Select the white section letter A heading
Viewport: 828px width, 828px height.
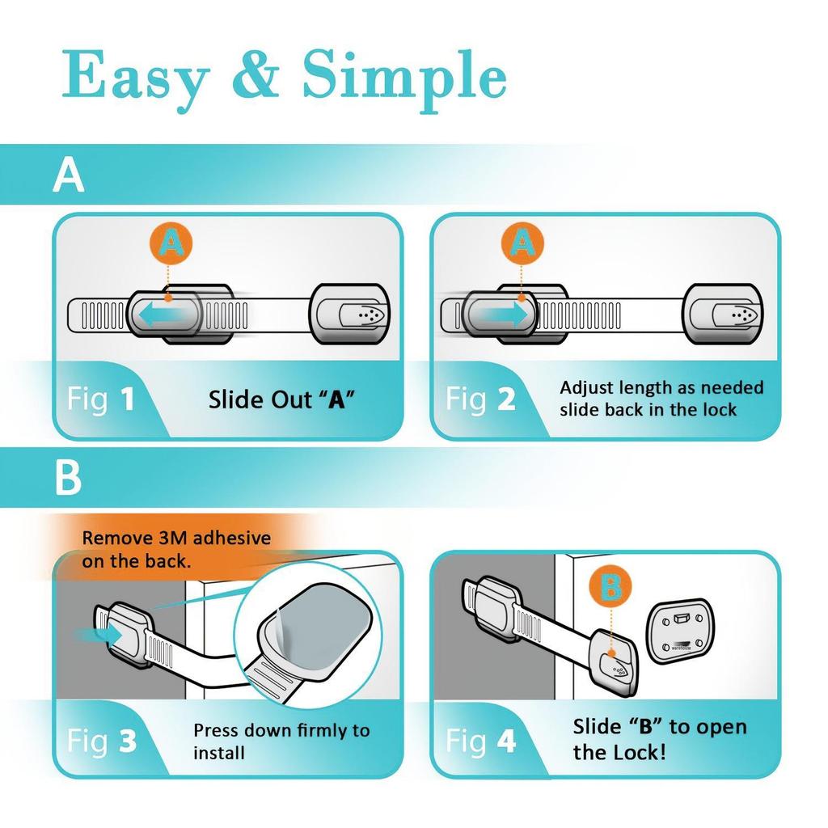[x=68, y=175]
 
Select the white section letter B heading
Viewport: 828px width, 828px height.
[x=68, y=479]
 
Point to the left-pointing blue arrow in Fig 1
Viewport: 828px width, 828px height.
[x=165, y=314]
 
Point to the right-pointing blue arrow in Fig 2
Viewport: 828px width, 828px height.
[x=502, y=314]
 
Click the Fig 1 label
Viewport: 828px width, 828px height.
[x=101, y=399]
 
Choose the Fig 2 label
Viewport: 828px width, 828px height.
[x=481, y=399]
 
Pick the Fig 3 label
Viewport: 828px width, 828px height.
[x=101, y=741]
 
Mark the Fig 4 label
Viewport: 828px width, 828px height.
[x=481, y=741]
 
